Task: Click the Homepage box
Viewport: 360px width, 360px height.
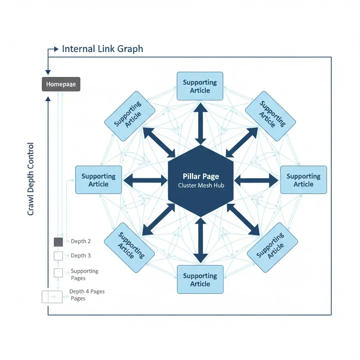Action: coord(61,84)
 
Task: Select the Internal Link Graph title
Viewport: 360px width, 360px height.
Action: coord(102,49)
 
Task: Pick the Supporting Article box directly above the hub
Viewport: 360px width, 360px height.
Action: coord(200,86)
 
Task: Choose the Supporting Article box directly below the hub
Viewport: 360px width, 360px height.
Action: coord(200,279)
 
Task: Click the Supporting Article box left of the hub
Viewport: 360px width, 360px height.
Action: coord(98,180)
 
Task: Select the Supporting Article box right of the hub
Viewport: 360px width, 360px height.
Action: coord(303,180)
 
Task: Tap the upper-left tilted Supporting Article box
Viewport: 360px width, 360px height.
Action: coord(130,116)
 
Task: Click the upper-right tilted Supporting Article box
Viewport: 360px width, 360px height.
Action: coord(270,116)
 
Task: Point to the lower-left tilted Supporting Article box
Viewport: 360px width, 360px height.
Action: coord(129,247)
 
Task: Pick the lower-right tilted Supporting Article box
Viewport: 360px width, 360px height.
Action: coord(272,247)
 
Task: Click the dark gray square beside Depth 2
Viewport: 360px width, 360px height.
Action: coord(58,242)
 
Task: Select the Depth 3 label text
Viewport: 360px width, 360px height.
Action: coord(81,256)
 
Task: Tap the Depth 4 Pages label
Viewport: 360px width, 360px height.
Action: coord(86,291)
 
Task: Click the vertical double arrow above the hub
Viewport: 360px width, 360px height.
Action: coord(200,124)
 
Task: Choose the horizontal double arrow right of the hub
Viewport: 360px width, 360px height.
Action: coord(256,180)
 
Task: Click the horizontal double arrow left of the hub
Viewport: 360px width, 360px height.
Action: coord(145,180)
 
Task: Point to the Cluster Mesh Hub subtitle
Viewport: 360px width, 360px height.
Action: coord(201,185)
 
